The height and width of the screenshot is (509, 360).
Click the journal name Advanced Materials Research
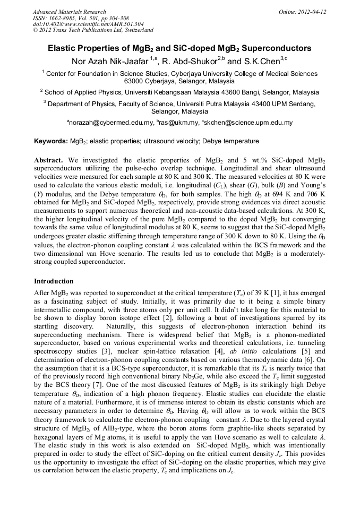coord(69,12)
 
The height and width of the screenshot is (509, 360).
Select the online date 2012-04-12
coord(312,12)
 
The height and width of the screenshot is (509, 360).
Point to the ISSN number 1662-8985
coord(62,18)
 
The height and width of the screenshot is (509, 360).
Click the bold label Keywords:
coord(51,142)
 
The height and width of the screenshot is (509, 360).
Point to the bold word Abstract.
coord(49,160)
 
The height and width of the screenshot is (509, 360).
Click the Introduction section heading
coord(54,281)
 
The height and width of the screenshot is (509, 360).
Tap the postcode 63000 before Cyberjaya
coord(136,82)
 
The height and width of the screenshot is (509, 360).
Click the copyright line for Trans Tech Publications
coord(93,30)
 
